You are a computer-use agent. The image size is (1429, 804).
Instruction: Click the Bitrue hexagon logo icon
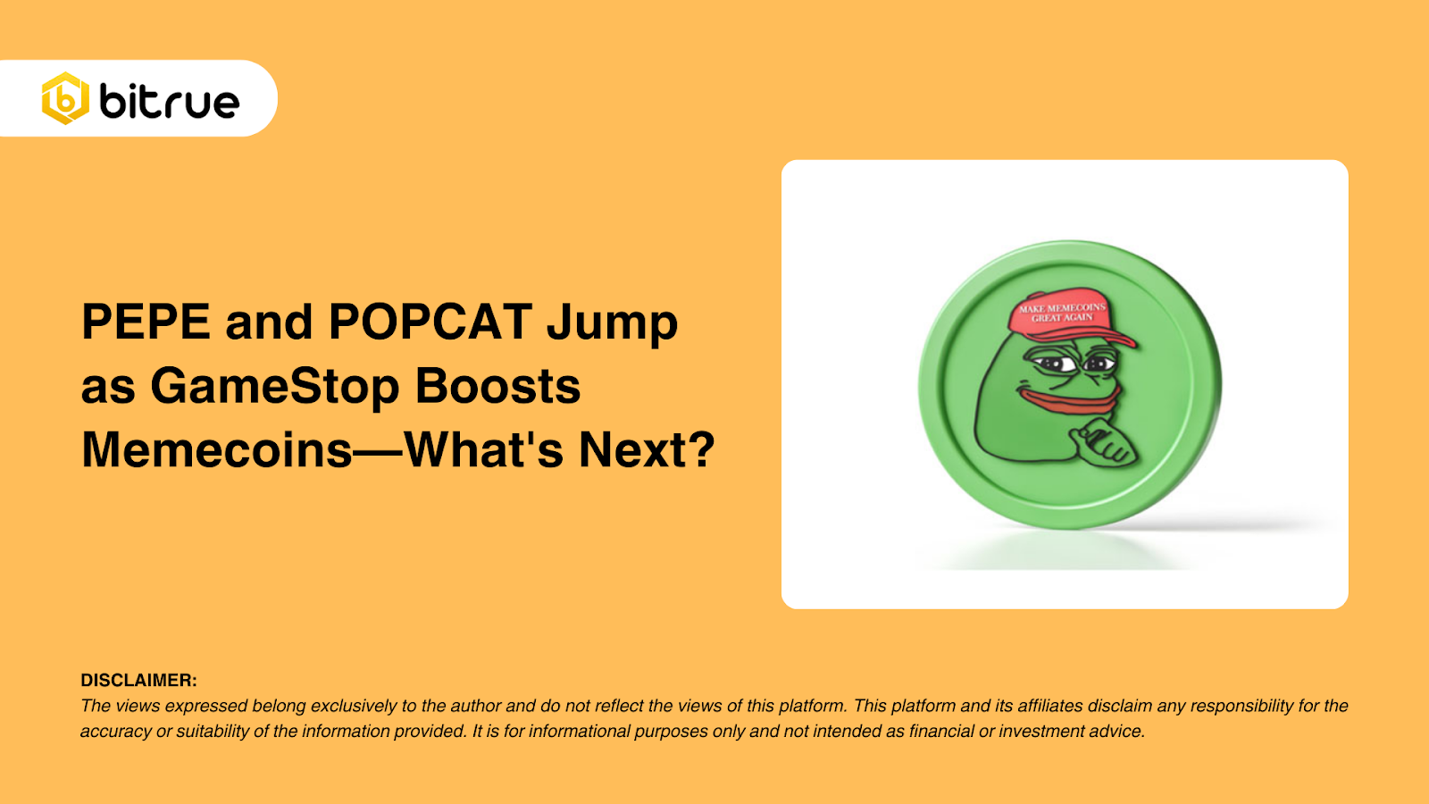coord(65,98)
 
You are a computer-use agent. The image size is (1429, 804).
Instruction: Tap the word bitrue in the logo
coord(170,101)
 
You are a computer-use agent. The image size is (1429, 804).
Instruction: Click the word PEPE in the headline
coord(146,322)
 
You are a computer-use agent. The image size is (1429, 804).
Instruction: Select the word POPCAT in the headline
coord(430,322)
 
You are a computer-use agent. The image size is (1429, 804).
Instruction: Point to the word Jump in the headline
coord(612,323)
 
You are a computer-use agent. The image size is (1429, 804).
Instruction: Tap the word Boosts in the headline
coord(497,386)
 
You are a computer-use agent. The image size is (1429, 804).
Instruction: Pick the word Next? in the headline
coord(647,449)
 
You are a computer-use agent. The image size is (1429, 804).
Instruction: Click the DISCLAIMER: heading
coord(138,681)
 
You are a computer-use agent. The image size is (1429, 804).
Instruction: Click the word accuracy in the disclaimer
coord(115,732)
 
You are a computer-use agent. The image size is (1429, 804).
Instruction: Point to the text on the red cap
coord(1062,312)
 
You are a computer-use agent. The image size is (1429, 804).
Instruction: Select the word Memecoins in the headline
coord(217,449)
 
